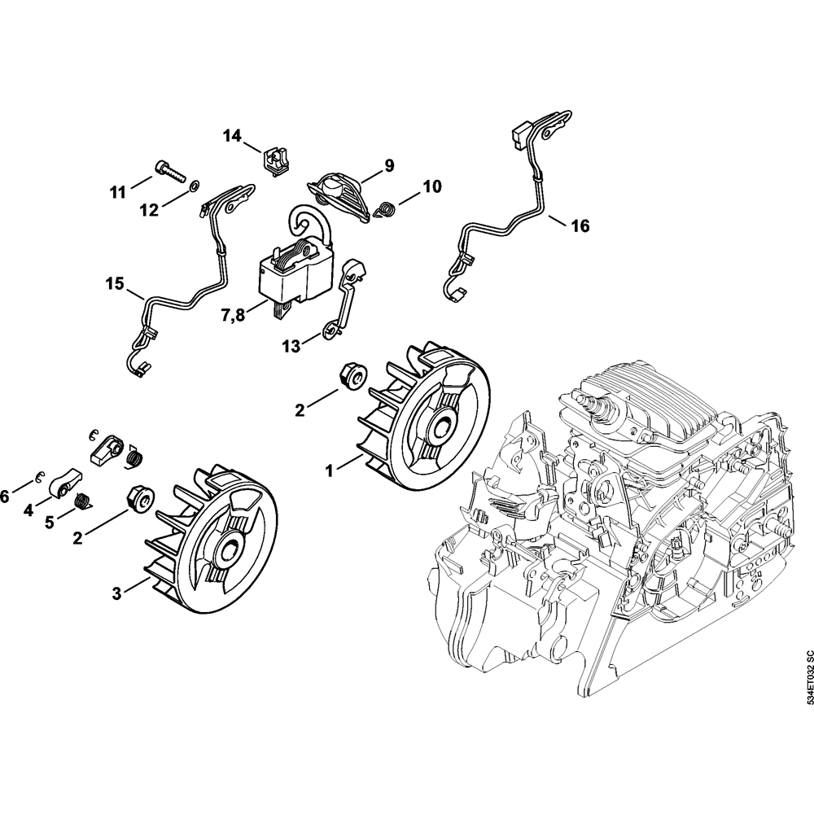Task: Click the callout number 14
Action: pyautogui.click(x=233, y=136)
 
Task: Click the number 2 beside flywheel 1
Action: pyautogui.click(x=300, y=409)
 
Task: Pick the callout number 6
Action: pyautogui.click(x=6, y=494)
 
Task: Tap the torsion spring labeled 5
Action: pyautogui.click(x=81, y=501)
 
